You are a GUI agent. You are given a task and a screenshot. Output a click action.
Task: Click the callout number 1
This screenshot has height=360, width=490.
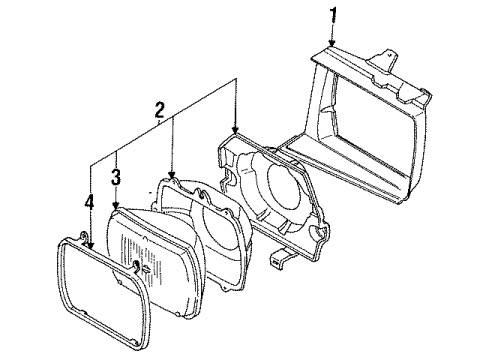pyautogui.click(x=335, y=15)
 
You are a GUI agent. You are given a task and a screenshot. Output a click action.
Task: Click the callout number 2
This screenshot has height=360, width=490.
pyautogui.click(x=156, y=108)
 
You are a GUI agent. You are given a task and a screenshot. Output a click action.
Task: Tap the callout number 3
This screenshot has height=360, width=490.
pyautogui.click(x=117, y=177)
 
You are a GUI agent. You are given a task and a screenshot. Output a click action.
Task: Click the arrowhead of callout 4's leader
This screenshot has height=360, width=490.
pyautogui.click(x=90, y=243)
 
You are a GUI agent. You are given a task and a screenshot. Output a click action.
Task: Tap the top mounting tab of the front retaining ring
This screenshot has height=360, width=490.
pyautogui.click(x=80, y=238)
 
